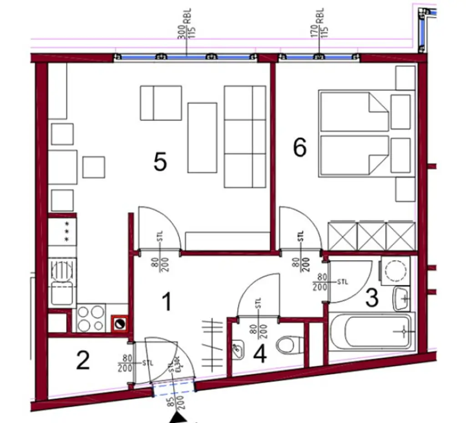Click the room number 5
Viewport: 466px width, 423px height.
click(160, 162)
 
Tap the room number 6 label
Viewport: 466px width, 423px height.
click(299, 148)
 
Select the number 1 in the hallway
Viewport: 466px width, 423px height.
click(167, 302)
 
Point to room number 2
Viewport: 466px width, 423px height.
click(83, 361)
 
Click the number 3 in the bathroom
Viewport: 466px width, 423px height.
click(372, 299)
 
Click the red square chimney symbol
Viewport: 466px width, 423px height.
click(121, 324)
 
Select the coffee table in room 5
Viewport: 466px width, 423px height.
click(202, 138)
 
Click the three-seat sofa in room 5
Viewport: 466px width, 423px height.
click(245, 137)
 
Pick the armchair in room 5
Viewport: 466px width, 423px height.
click(161, 103)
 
